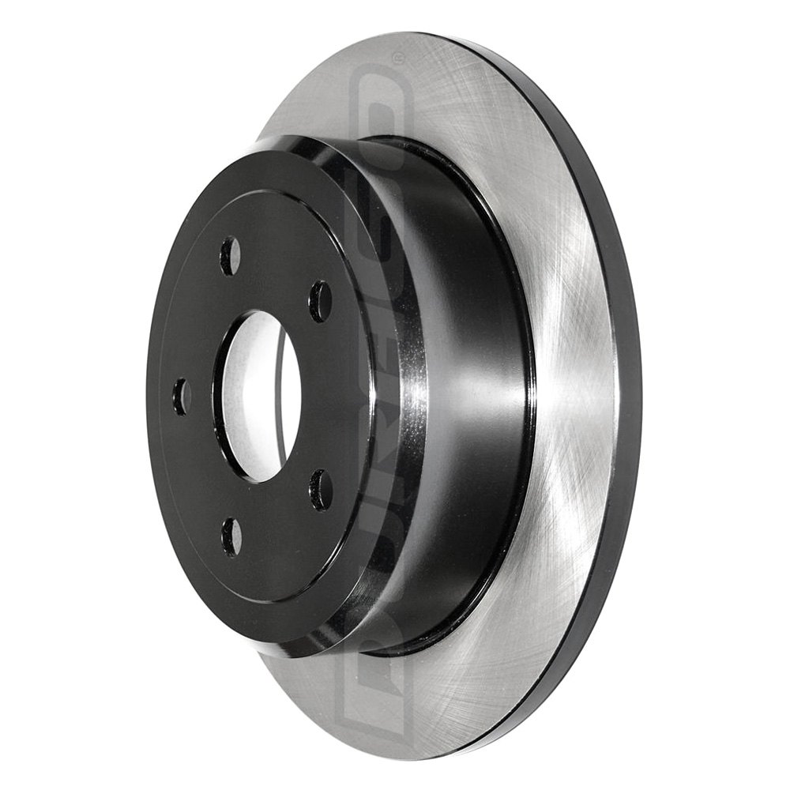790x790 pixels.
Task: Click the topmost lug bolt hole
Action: click(x=230, y=257)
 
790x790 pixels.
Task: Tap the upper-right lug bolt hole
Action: click(x=320, y=301)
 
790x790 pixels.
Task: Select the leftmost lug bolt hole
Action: click(x=182, y=396)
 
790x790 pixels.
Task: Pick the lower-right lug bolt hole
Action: click(x=320, y=490)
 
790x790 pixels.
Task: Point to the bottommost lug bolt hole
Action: click(x=231, y=536)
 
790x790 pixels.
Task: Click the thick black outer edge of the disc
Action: click(x=624, y=395)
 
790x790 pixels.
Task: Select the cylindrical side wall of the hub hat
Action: click(x=466, y=395)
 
